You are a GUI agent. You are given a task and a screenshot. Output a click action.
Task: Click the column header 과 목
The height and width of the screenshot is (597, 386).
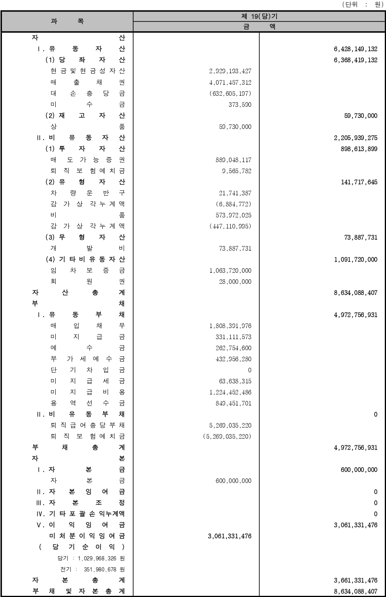pyautogui.click(x=67, y=21)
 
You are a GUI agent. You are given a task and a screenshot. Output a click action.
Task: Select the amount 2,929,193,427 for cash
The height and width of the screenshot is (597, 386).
pyautogui.click(x=230, y=71)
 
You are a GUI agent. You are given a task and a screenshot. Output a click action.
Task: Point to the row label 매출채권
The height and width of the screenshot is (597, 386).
pyautogui.click(x=87, y=82)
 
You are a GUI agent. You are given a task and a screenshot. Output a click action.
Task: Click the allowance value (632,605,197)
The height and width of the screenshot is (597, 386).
pyautogui.click(x=230, y=93)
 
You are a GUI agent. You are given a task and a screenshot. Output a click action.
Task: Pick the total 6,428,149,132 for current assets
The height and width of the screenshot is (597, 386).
pyautogui.click(x=355, y=49)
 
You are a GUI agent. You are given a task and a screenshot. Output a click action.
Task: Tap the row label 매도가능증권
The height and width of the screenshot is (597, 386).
pyautogui.click(x=87, y=160)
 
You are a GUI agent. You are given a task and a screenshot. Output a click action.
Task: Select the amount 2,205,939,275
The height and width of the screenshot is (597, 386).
pyautogui.click(x=355, y=138)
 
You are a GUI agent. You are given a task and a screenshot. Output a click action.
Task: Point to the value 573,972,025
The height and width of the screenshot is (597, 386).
pyautogui.click(x=233, y=216)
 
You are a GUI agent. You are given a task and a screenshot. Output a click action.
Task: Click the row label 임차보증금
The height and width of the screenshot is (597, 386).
pyautogui.click(x=87, y=270)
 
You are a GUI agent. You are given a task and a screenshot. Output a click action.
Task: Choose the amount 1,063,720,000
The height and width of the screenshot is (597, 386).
pyautogui.click(x=230, y=271)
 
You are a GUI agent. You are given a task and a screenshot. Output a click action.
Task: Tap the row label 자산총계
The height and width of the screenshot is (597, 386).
pyautogui.click(x=78, y=293)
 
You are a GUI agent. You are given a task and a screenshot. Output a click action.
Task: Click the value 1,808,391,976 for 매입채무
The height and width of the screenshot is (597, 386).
pyautogui.click(x=230, y=326)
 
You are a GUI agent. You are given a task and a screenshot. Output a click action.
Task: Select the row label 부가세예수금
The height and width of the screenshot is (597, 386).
pyautogui.click(x=87, y=359)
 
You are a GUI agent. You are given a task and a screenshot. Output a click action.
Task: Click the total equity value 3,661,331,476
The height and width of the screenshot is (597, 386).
pyautogui.click(x=355, y=581)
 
